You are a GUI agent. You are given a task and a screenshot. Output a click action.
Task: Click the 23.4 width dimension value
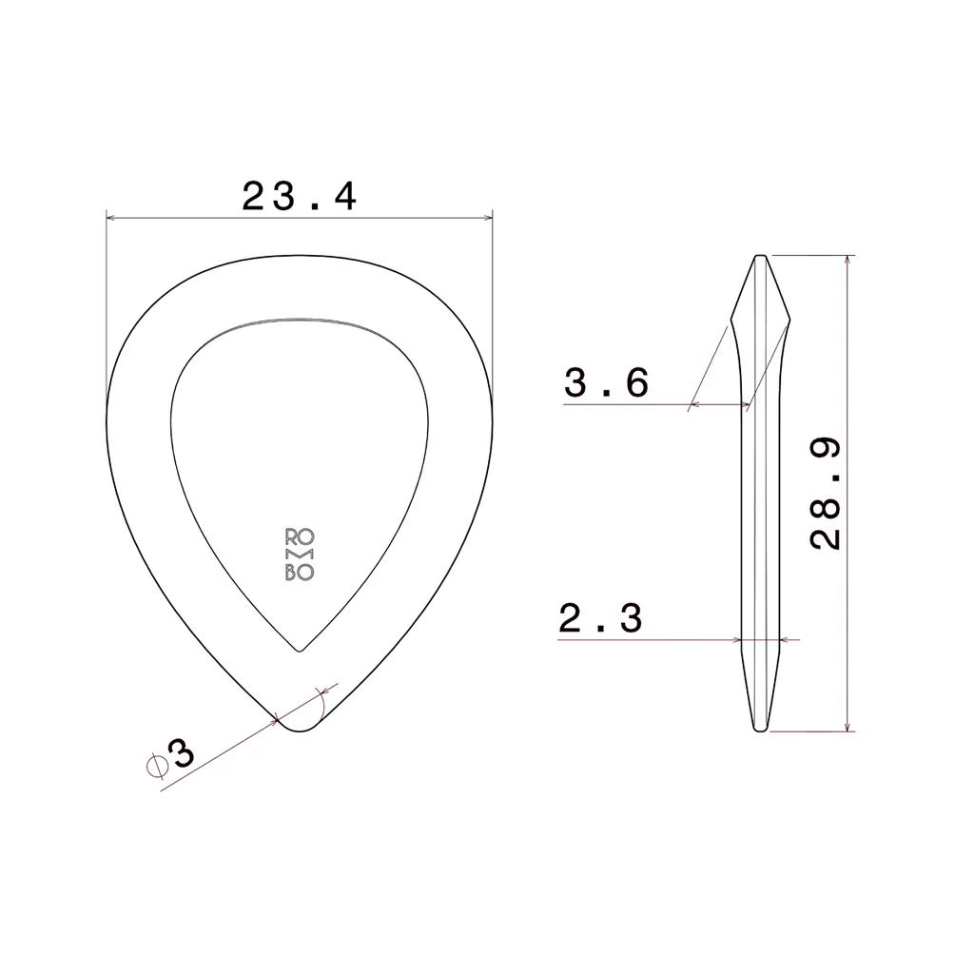[299, 197]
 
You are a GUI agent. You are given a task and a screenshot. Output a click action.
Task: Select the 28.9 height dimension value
[826, 493]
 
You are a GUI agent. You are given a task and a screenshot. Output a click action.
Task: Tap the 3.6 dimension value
[607, 382]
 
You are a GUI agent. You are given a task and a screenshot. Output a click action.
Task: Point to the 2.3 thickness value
[600, 618]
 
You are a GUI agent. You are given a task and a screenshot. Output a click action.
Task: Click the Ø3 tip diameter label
[172, 757]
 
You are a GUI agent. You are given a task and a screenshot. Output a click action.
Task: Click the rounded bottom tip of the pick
[299, 730]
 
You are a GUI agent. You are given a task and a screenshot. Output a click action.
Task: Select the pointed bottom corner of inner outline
[300, 652]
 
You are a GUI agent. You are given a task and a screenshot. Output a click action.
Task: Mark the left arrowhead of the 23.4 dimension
[109, 218]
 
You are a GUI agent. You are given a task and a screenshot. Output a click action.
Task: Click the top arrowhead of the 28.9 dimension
[847, 260]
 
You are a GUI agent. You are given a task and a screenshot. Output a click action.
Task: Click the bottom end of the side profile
[761, 730]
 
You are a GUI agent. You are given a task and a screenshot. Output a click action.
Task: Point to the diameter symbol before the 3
[154, 764]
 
